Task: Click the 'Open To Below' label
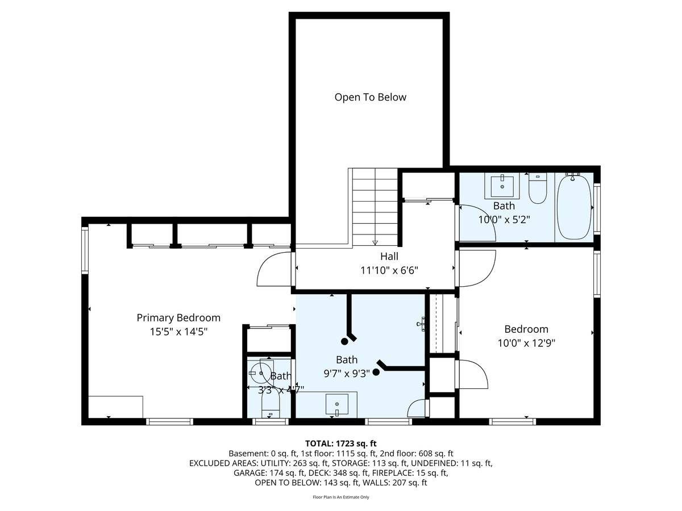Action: click(x=370, y=97)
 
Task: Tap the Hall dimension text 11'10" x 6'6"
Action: click(x=389, y=270)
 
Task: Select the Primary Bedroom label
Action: click(x=178, y=317)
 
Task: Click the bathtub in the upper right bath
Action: click(x=573, y=207)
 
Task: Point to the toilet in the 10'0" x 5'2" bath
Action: click(x=537, y=190)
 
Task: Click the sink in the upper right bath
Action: click(x=502, y=185)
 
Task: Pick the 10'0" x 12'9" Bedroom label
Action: click(x=526, y=329)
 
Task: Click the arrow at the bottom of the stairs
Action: click(x=375, y=242)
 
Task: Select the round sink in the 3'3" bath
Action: click(x=261, y=373)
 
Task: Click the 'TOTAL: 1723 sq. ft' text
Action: click(x=341, y=443)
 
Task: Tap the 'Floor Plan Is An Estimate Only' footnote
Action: click(x=341, y=497)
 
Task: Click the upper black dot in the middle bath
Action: click(x=344, y=341)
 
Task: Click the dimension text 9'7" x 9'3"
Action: click(x=346, y=373)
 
